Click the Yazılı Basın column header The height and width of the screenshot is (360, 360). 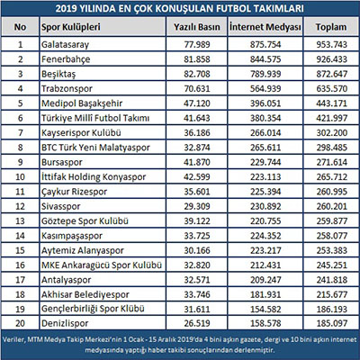[x=197, y=27]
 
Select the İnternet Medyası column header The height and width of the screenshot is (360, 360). [x=265, y=27]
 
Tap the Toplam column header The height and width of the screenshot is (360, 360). [x=331, y=27]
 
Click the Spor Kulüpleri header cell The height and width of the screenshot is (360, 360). [x=71, y=27]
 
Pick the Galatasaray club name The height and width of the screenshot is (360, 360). [x=65, y=45]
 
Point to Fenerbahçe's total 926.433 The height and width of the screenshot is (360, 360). [x=331, y=59]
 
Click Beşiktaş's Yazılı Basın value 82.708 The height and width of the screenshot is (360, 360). [x=197, y=74]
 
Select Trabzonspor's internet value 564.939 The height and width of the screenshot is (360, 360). [x=265, y=88]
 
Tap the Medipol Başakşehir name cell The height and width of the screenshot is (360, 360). [x=82, y=103]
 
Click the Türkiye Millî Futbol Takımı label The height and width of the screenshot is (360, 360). [x=95, y=118]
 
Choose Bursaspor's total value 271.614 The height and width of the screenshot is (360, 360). [x=331, y=162]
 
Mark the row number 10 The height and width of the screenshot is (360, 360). [x=20, y=176]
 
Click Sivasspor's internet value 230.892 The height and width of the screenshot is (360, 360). [x=265, y=206]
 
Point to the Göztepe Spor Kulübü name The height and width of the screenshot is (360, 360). [x=85, y=221]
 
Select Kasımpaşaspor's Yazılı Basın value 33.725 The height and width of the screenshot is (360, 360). [x=197, y=236]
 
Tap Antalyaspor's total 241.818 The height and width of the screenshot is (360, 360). [x=331, y=280]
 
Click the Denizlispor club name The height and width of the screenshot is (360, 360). [x=65, y=323]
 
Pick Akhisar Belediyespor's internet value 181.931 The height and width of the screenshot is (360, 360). [x=265, y=294]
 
